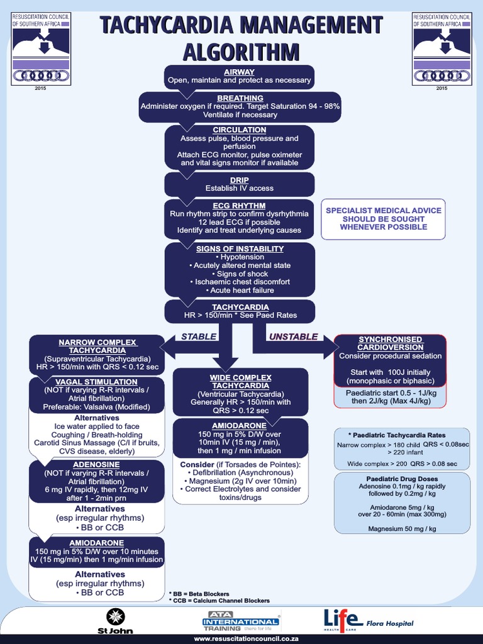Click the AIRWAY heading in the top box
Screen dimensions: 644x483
(239, 72)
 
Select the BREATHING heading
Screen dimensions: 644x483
(240, 98)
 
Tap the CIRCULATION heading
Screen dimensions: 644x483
(239, 130)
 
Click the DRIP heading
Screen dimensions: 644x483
(239, 180)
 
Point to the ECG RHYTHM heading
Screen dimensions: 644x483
(239, 206)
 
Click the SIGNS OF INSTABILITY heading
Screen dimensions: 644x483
(239, 248)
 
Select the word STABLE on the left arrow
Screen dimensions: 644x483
(198, 336)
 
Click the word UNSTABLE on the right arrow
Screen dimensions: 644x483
(293, 336)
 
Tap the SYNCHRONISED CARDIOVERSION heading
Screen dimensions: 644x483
(390, 343)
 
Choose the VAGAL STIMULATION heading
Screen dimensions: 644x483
(96, 382)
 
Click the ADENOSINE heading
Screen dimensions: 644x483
(96, 465)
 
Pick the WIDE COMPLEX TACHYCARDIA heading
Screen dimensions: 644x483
(241, 381)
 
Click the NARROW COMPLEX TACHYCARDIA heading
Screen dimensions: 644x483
(96, 346)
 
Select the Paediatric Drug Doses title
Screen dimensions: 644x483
(402, 478)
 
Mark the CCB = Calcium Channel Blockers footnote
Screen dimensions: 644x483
(219, 601)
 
